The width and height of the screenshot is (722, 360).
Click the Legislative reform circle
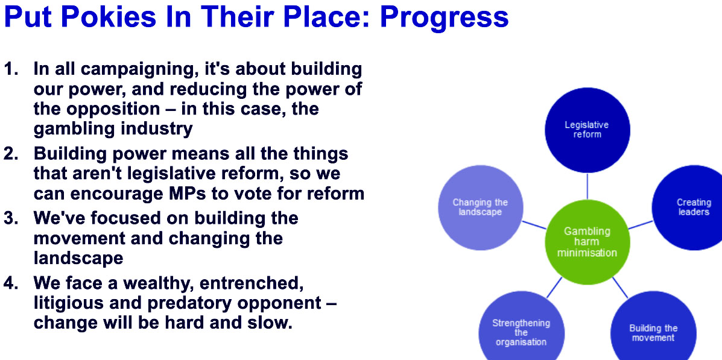pos(587,130)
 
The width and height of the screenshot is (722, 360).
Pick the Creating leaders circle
pos(688,207)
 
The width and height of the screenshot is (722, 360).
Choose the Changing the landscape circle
pos(480,207)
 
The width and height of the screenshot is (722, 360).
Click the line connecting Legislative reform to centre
pos(587,186)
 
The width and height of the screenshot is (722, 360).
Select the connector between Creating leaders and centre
pos(641,225)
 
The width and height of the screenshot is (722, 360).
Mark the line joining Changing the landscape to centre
pos(534,225)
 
